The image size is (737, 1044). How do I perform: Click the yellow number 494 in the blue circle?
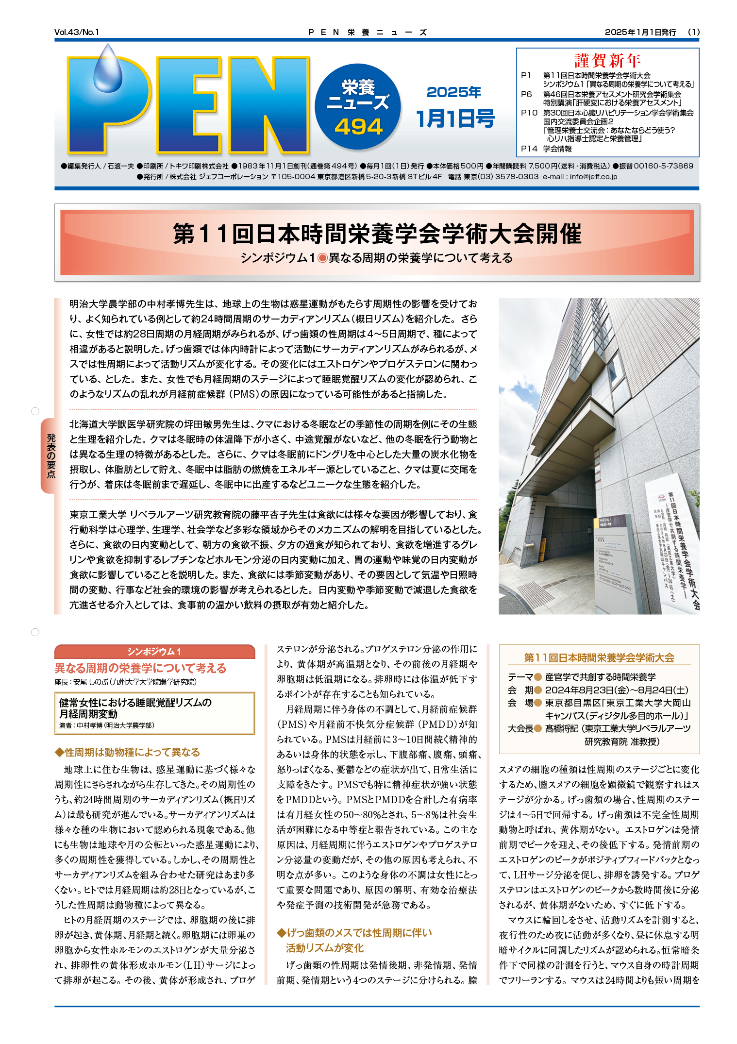(358, 127)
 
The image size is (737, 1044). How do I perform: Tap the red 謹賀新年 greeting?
(607, 61)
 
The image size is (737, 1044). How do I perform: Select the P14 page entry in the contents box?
(529, 149)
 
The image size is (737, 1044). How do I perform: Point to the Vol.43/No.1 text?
(77, 33)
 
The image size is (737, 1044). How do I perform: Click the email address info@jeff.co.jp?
(593, 177)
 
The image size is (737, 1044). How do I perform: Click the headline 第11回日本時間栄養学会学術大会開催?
(377, 234)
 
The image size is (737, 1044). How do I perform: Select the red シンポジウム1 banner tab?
(154, 652)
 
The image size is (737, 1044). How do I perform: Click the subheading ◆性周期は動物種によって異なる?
(127, 752)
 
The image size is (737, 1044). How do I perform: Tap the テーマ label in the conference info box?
(520, 677)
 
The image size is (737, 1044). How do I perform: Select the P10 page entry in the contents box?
(529, 113)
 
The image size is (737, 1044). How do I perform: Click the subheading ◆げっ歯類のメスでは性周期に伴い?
(354, 932)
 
